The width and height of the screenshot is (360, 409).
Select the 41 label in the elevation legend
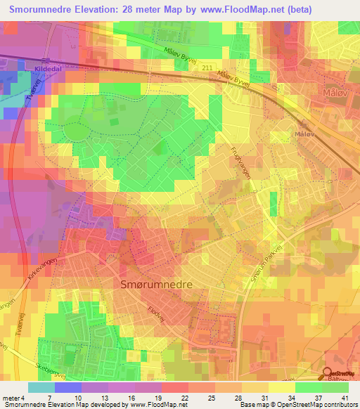[344, 397]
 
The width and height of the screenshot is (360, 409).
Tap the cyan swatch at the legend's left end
[41, 387]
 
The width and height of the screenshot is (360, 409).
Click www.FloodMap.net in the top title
[233, 10]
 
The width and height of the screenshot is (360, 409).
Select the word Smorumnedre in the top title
[44, 10]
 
